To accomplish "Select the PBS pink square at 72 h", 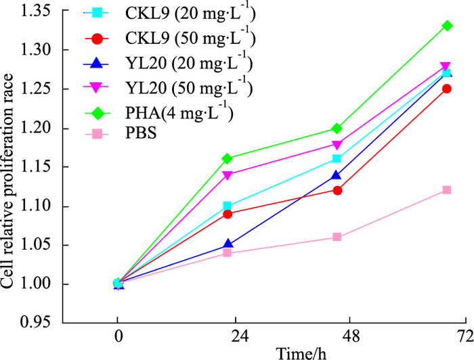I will click(446, 189).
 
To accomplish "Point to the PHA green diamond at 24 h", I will click(228, 158).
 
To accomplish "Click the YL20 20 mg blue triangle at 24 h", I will click(228, 244).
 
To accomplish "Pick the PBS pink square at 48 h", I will click(337, 237).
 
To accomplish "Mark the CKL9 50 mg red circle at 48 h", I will click(337, 190).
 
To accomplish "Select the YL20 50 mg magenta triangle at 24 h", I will click(228, 175).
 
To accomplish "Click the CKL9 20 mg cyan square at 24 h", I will click(228, 206).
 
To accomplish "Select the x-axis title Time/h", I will click(284, 352).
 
